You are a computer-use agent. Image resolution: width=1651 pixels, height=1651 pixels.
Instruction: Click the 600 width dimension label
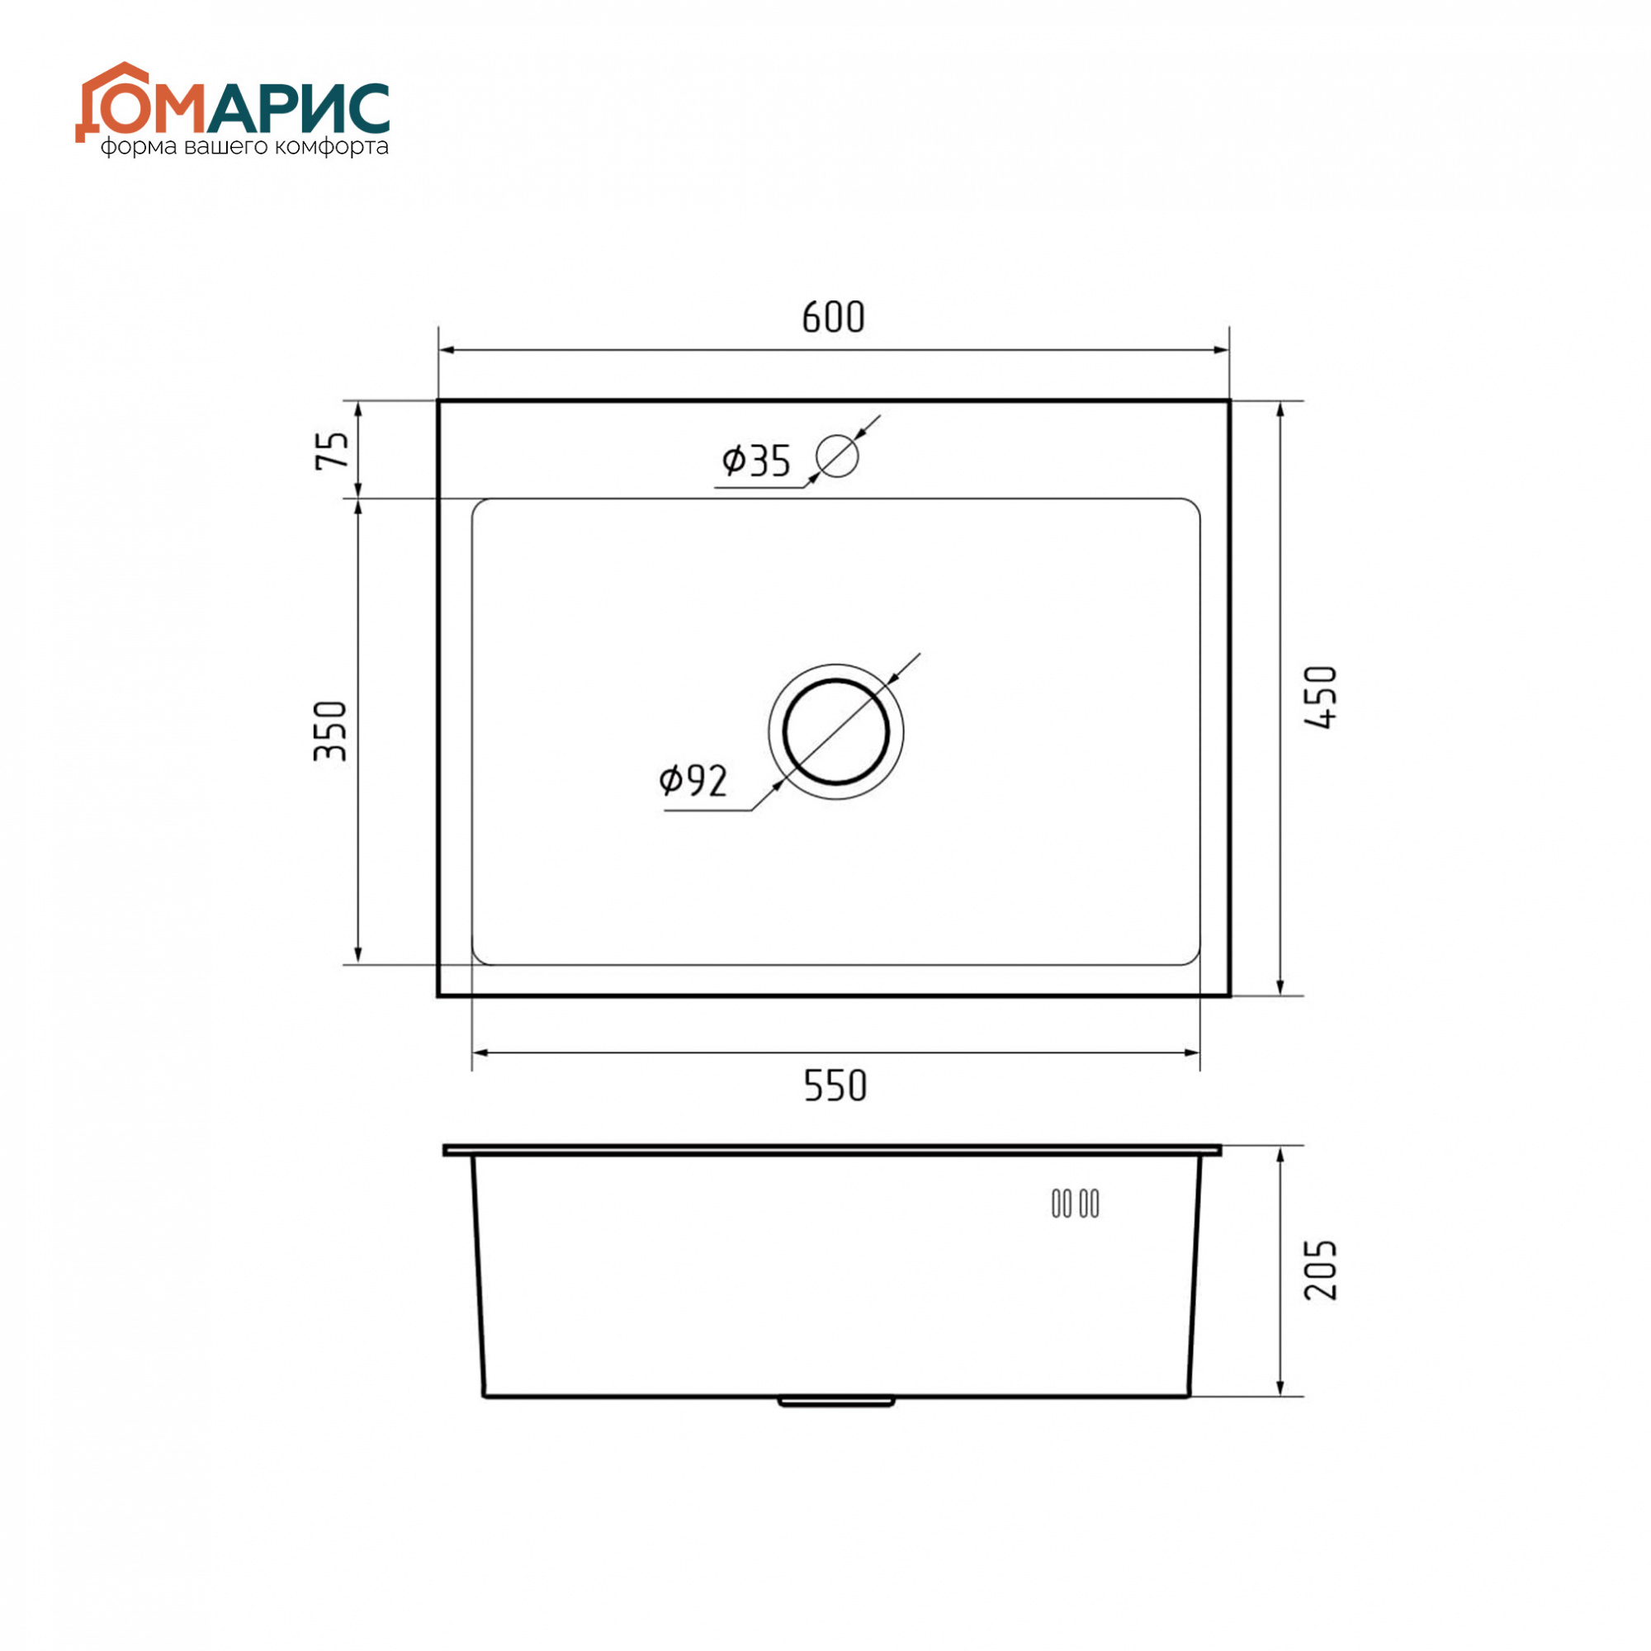tap(833, 317)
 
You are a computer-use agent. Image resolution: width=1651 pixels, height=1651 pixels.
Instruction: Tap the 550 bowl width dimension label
tap(835, 1086)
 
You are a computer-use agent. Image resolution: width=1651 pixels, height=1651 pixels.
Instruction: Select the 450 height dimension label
tap(1321, 698)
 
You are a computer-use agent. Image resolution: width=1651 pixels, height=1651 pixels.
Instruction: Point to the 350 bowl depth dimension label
tap(332, 731)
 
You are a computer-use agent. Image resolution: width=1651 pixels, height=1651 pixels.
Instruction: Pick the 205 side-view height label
tap(1321, 1270)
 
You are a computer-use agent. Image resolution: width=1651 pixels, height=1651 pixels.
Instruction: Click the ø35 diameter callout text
tap(756, 461)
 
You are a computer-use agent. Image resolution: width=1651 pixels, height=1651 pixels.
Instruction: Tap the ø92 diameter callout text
tap(693, 780)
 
